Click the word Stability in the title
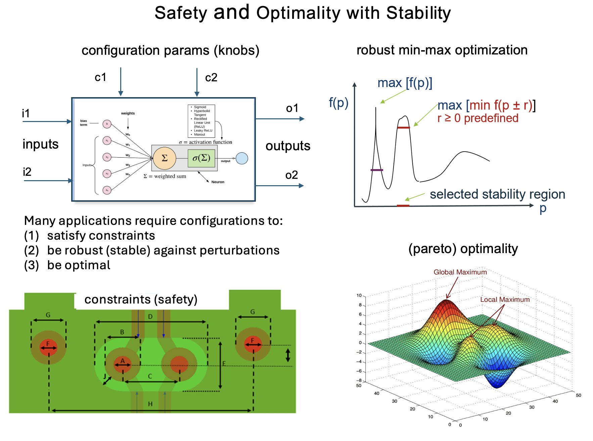(x=418, y=13)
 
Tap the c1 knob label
(x=100, y=78)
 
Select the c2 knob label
(x=211, y=78)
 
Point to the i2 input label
(x=27, y=172)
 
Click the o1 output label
(x=292, y=108)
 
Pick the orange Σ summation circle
(x=165, y=158)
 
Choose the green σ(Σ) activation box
(x=201, y=158)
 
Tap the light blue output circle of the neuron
(x=242, y=158)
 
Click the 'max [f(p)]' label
(x=405, y=83)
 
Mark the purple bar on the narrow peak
(x=377, y=170)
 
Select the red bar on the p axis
(x=403, y=206)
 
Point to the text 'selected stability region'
(x=497, y=194)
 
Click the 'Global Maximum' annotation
(x=460, y=272)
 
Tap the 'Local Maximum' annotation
(x=505, y=299)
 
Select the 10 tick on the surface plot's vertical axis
(x=359, y=295)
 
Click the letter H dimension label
(x=150, y=404)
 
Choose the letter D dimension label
(x=150, y=317)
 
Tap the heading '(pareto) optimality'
(x=463, y=249)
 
